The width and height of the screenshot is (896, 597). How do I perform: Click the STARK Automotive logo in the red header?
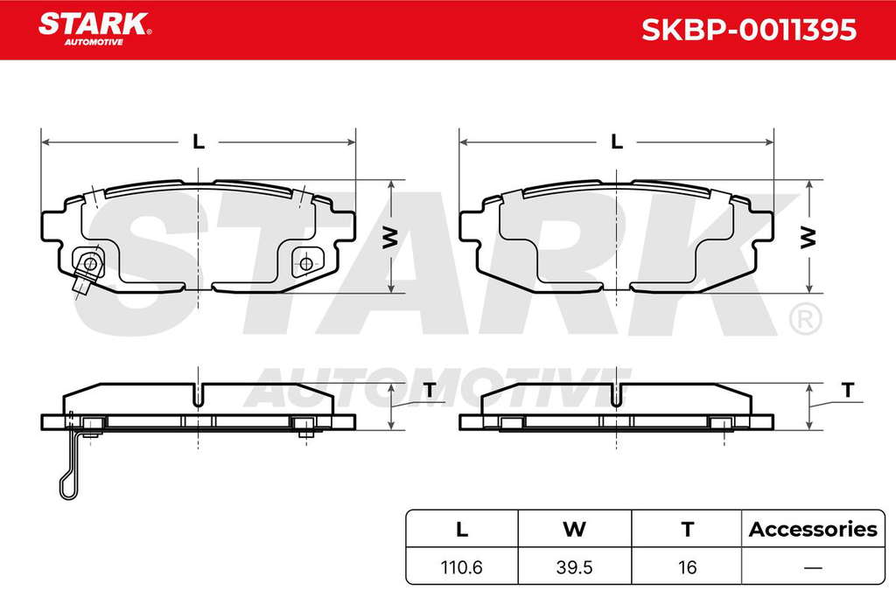coord(94,29)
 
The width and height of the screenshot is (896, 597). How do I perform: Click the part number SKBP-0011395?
coord(749,30)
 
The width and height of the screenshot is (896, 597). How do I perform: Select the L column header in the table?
coord(462,530)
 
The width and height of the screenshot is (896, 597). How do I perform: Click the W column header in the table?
coord(574,530)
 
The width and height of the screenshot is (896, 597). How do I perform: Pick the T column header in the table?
coord(688,530)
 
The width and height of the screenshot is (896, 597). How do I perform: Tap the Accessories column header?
coord(813,530)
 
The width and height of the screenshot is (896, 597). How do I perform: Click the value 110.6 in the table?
coord(462,567)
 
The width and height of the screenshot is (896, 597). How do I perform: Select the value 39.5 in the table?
coord(574,567)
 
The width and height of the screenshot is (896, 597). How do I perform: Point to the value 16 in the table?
coord(688,567)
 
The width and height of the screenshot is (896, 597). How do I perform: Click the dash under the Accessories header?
coord(813,568)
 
